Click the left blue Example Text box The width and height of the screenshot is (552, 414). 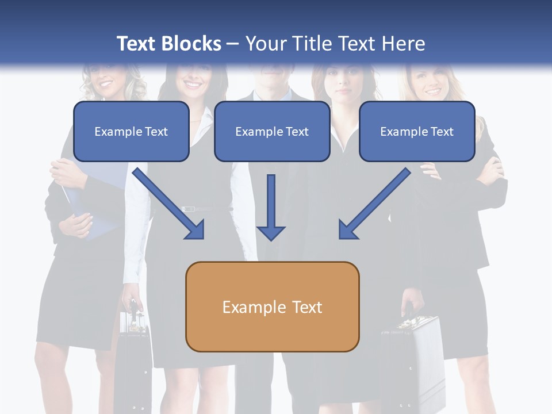pyautogui.click(x=131, y=132)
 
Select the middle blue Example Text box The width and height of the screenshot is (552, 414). pyautogui.click(x=272, y=132)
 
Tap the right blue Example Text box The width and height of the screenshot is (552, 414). pyautogui.click(x=417, y=132)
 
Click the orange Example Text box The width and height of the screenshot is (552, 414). pyautogui.click(x=272, y=306)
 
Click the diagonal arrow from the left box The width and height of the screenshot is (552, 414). pyautogui.click(x=168, y=204)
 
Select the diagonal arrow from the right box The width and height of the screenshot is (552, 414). pyautogui.click(x=374, y=204)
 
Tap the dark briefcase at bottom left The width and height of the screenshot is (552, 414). pyautogui.click(x=133, y=356)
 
